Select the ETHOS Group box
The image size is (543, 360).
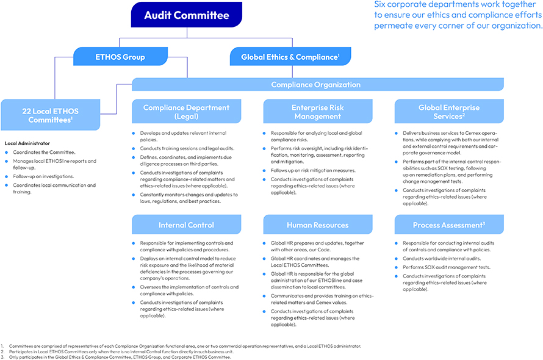click(x=120, y=57)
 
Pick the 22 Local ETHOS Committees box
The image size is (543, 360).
click(x=50, y=115)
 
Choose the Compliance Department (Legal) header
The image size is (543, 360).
click(x=187, y=112)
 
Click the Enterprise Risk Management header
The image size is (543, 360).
click(x=317, y=112)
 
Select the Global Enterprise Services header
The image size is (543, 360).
click(x=449, y=112)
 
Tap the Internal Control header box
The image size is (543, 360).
click(x=187, y=225)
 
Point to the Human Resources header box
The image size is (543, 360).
click(x=317, y=225)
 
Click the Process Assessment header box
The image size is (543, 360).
click(x=449, y=225)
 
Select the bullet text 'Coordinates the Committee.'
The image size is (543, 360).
click(x=43, y=152)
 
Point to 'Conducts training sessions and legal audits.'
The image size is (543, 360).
click(x=187, y=148)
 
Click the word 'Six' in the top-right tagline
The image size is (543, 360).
click(x=381, y=5)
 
